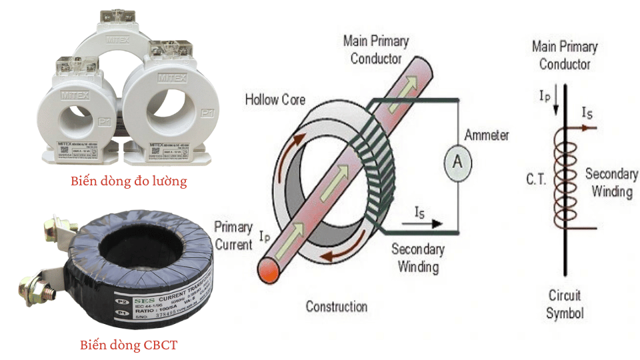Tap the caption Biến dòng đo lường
pos(129,181)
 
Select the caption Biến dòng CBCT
pos(129,345)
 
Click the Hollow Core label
pos(275,100)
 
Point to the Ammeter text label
pos(487,135)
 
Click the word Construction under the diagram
pos(336,307)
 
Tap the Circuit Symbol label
pos(565,304)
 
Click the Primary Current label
pos(233,235)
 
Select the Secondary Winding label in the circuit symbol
pos(611,182)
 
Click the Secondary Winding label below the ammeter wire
pos(418,258)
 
